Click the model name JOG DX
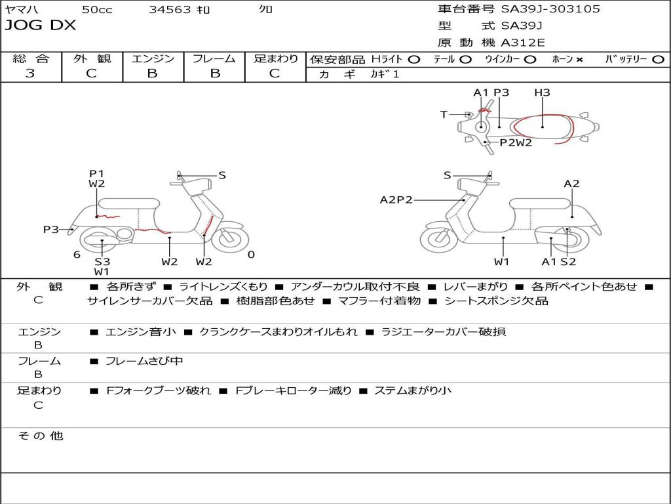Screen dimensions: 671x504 click(41, 26)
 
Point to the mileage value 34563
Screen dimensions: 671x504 click(170, 10)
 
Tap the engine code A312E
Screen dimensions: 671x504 click(522, 43)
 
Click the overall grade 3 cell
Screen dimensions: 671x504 click(30, 73)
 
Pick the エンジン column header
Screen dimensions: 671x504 click(153, 59)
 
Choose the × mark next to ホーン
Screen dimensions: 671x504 click(579, 60)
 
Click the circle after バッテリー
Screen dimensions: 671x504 click(658, 60)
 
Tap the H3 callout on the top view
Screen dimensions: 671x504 click(542, 93)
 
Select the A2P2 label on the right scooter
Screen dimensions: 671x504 click(396, 200)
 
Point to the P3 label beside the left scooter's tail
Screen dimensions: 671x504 click(51, 229)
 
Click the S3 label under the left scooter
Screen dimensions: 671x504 click(102, 261)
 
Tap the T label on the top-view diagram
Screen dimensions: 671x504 click(444, 115)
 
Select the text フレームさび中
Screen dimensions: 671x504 click(144, 361)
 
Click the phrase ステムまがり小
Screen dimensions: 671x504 click(413, 390)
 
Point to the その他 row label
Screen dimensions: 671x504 click(40, 436)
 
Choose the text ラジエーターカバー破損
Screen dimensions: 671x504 click(443, 331)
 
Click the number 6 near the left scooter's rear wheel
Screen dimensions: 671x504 click(77, 255)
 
